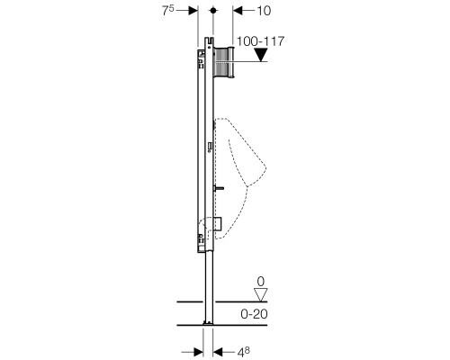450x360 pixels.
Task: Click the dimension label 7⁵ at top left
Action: point(168,11)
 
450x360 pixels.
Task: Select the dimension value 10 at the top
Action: point(264,11)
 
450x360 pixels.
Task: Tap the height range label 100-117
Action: point(260,41)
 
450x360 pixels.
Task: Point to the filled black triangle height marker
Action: point(260,55)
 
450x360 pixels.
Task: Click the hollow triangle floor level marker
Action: point(260,294)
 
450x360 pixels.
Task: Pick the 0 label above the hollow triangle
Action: point(261,282)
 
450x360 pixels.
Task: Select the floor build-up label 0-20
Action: point(254,314)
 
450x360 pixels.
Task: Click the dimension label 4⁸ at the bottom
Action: point(244,352)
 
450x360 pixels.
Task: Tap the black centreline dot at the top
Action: point(213,11)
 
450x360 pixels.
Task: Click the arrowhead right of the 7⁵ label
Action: point(193,11)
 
